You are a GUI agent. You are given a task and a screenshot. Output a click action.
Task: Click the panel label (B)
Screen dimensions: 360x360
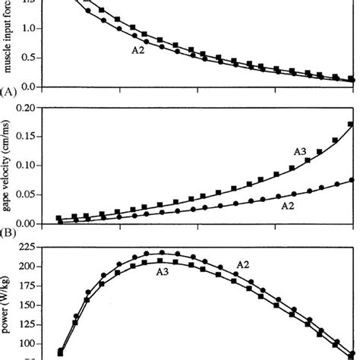9,233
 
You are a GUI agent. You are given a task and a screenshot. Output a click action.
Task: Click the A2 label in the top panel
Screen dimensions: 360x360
138,52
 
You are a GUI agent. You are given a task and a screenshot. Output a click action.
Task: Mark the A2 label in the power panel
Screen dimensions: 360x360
243,264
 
